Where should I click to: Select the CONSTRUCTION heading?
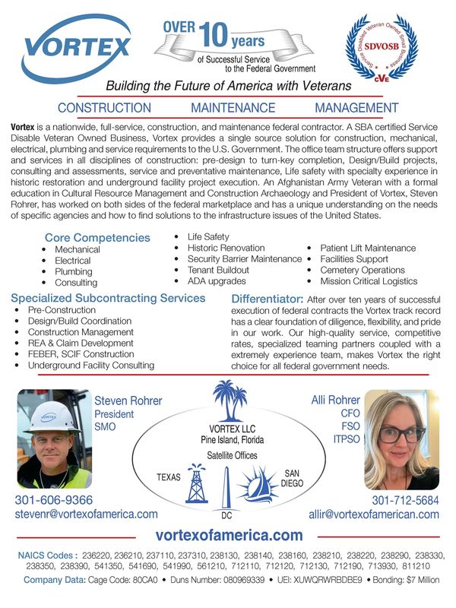[x=104, y=109]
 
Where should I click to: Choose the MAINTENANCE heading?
[x=233, y=109]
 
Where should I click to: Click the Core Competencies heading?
[x=97, y=238]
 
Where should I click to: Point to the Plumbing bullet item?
[x=73, y=271]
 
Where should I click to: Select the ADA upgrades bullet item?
[x=217, y=281]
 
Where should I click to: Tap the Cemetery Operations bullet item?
[x=363, y=270]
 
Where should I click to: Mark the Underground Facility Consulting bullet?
[x=90, y=365]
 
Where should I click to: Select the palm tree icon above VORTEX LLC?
[x=229, y=401]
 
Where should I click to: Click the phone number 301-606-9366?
[x=54, y=500]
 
